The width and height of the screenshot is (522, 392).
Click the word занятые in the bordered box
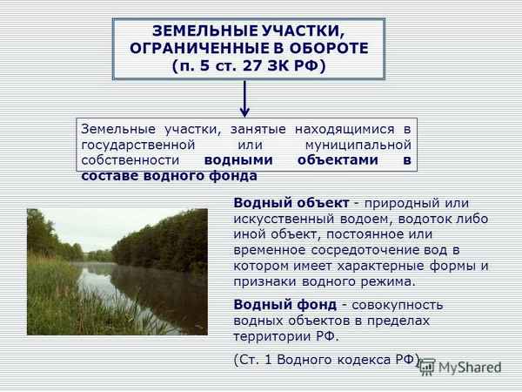click(233, 128)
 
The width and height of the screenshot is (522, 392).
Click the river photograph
click(117, 270)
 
